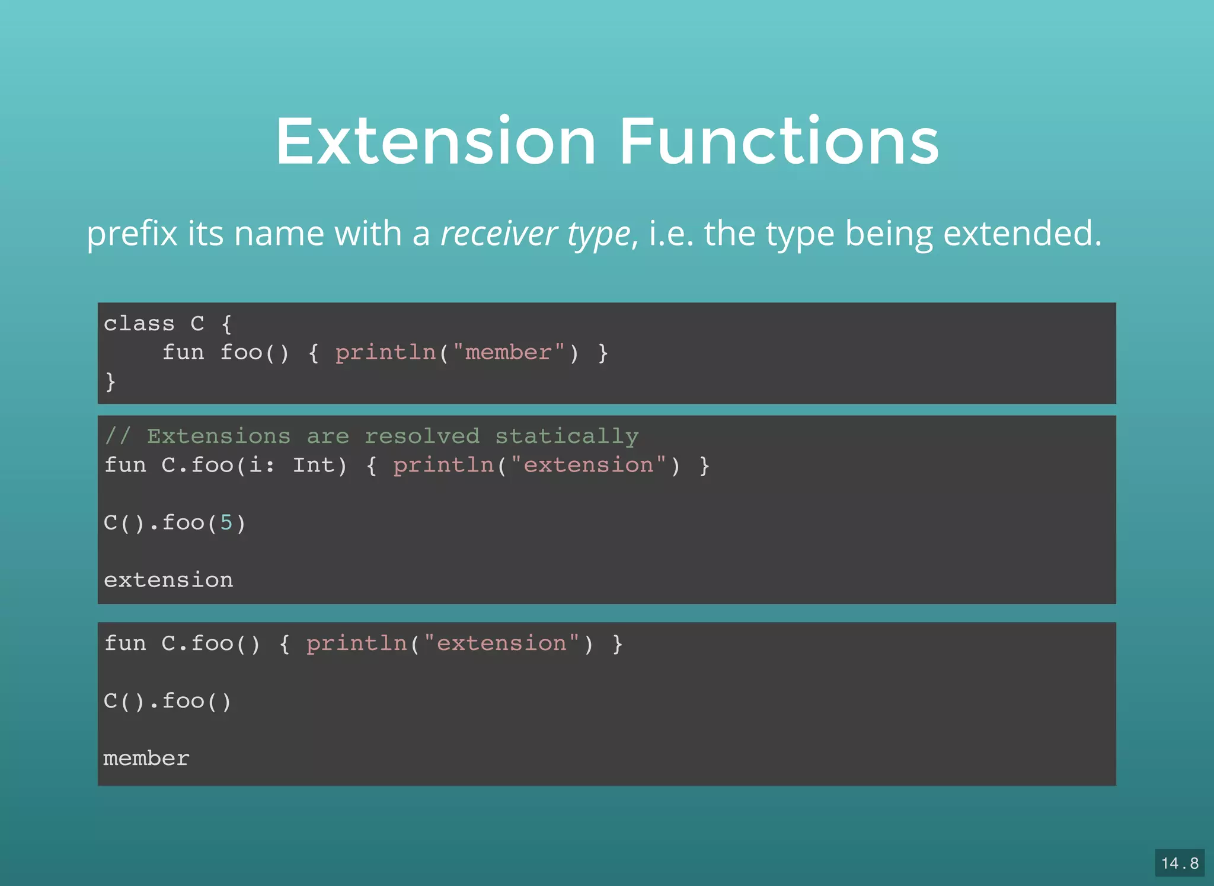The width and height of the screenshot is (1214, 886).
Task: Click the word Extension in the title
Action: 435,142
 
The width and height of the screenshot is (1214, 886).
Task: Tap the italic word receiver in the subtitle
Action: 499,233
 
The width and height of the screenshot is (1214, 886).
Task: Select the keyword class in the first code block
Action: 139,324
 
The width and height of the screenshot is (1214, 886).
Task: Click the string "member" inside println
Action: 508,353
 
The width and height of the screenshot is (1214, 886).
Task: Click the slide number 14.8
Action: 1179,863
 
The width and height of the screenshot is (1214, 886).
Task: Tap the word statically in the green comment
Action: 567,436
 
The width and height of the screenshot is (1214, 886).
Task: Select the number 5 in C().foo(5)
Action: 226,523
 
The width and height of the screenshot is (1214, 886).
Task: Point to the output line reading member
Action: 146,758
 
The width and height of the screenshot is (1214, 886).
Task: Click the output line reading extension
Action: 168,580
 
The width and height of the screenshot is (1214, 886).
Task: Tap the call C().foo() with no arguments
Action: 167,702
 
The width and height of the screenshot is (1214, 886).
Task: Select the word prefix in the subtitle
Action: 132,233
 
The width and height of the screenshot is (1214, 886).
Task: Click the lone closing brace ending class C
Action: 110,381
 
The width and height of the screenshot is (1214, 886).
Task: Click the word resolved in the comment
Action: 421,436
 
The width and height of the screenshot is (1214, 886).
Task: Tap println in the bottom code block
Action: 356,644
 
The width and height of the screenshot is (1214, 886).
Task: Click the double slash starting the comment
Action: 117,436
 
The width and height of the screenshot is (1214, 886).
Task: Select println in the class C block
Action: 385,353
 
